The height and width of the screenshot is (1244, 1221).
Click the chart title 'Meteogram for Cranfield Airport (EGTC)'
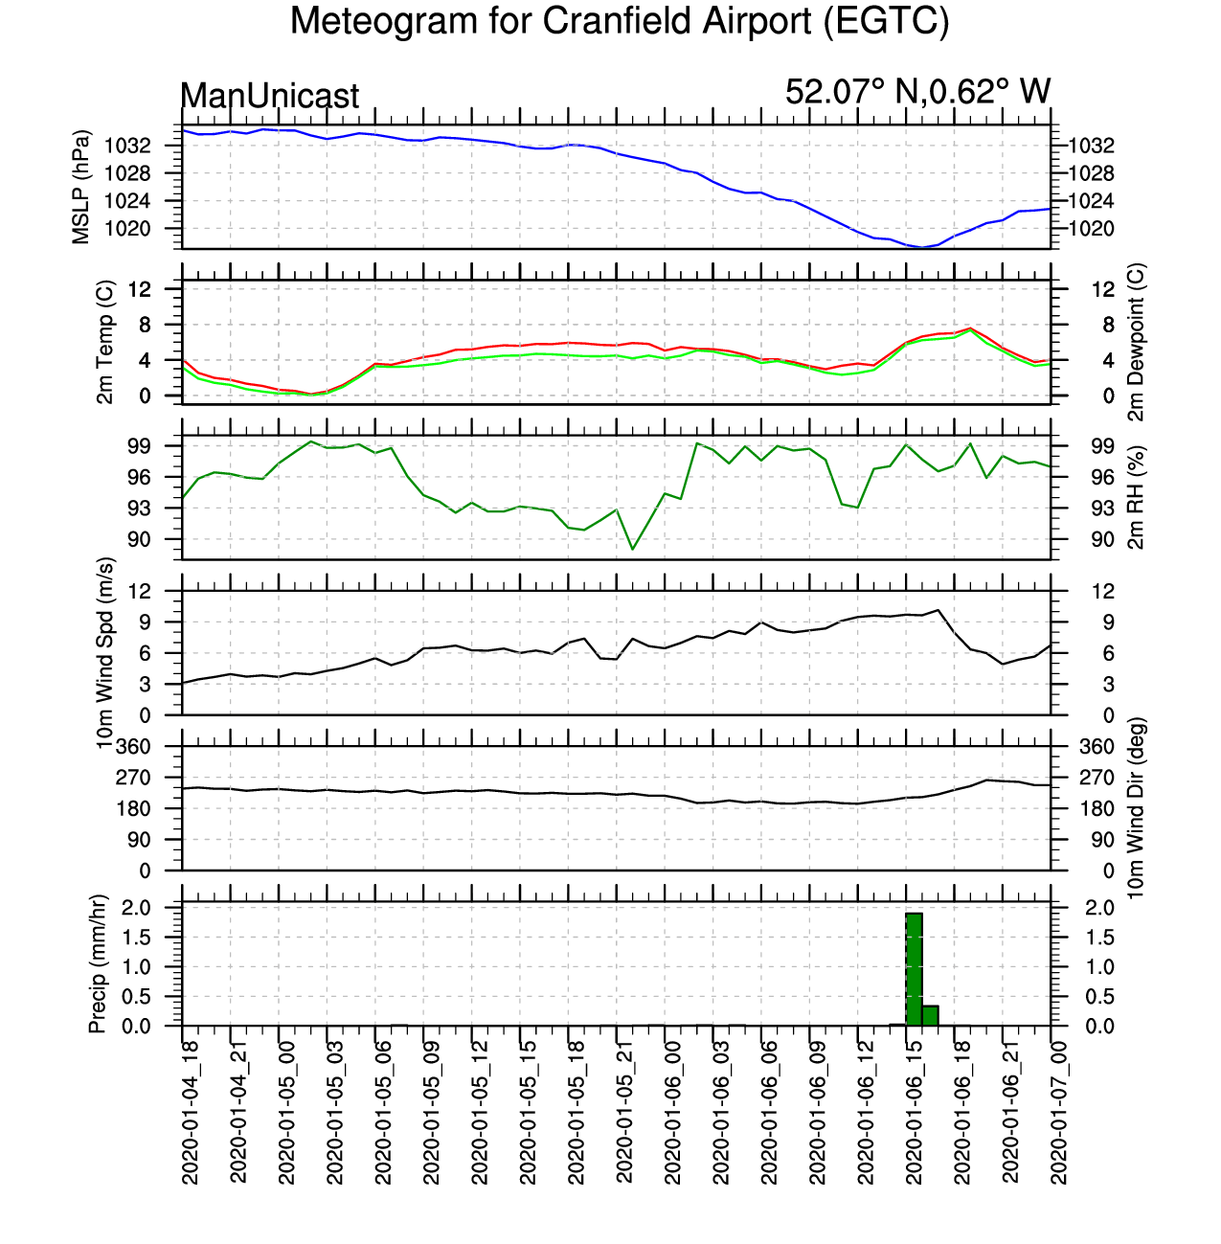(620, 21)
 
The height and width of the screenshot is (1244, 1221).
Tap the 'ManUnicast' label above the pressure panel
(269, 96)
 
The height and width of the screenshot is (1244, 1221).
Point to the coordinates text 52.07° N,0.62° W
(917, 91)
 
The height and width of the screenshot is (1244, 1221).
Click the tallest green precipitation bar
(914, 969)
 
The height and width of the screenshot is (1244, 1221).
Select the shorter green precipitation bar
(930, 1015)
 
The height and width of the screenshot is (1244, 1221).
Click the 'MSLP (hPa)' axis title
(81, 188)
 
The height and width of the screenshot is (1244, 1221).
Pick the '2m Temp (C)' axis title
(104, 342)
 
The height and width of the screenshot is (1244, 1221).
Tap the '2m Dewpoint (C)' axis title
(1136, 342)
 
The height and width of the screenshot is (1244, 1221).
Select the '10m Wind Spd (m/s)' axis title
(104, 653)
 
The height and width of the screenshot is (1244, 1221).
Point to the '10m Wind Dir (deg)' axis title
(1136, 807)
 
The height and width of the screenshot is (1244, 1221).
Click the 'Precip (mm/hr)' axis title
(97, 963)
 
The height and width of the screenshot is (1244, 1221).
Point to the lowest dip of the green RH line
(633, 550)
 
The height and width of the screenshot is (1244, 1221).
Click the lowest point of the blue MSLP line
(922, 247)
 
